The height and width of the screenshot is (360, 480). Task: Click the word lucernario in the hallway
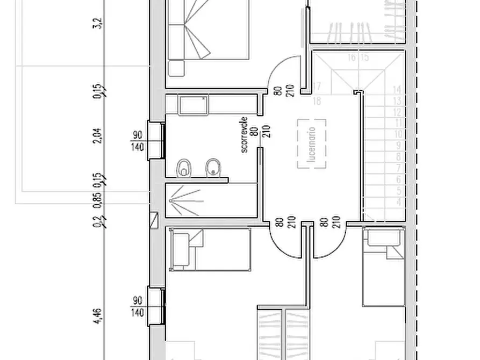[311, 143]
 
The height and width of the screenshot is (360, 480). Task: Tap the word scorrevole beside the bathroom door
[245, 135]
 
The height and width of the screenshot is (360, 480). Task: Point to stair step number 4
[398, 201]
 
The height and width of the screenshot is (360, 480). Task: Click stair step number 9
[398, 145]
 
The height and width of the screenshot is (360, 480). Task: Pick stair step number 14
[398, 89]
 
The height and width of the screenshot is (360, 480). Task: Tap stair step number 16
[352, 57]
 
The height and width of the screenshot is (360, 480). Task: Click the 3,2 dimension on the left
[97, 25]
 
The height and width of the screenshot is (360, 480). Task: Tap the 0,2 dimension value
[97, 220]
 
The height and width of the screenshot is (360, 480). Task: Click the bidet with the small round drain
[214, 168]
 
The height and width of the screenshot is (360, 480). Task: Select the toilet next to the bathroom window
[184, 168]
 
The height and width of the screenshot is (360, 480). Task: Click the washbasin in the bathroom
[194, 104]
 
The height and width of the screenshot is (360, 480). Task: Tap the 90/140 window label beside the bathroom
[138, 140]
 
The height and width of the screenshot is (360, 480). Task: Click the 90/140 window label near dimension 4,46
[138, 305]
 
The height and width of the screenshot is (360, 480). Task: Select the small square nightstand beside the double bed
[176, 68]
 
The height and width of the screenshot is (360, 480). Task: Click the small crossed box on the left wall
[155, 219]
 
